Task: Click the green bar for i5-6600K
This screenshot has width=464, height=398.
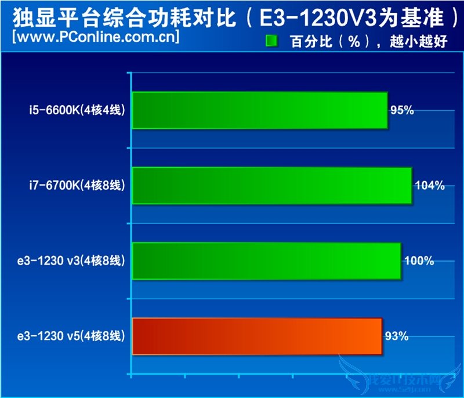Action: coord(259,110)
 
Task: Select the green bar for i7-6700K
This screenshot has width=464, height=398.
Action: coord(271,186)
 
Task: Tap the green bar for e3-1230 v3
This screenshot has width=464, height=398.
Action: coord(266,261)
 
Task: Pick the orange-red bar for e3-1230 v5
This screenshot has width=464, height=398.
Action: coord(257,337)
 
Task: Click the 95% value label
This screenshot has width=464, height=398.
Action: coord(402,110)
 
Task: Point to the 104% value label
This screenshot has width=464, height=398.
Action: coord(430,186)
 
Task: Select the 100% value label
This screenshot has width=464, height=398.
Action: coord(419,261)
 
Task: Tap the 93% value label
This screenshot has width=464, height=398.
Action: coord(397,337)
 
